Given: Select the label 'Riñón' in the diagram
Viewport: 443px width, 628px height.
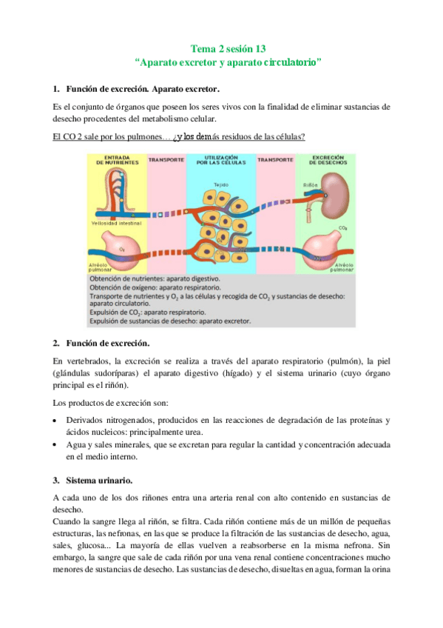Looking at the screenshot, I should point(311,183).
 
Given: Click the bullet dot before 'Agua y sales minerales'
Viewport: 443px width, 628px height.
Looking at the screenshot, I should point(57,444).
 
